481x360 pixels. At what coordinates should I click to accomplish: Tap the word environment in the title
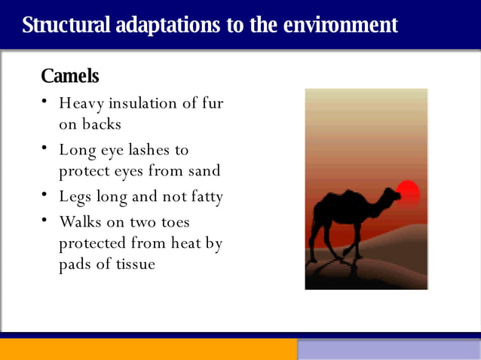pos(340,25)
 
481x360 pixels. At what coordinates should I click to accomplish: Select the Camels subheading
pos(69,76)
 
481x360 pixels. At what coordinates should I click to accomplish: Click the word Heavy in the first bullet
pos(82,103)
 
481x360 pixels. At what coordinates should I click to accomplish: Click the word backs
pos(102,124)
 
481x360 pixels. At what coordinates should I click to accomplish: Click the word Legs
pos(75,197)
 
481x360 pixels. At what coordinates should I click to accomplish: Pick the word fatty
pos(204,197)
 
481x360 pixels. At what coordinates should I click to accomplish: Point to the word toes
pos(173,223)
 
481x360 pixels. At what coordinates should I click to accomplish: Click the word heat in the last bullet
pos(184,244)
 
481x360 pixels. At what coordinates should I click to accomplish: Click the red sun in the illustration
pos(408,194)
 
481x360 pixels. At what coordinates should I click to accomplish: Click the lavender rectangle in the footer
pos(388,349)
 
